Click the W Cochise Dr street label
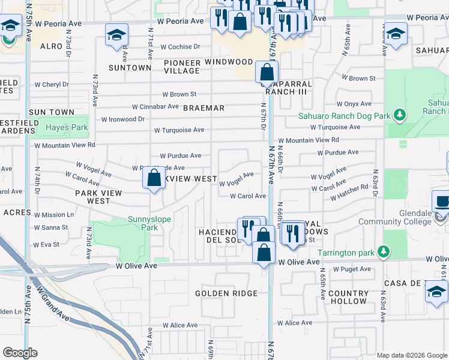(x=176, y=47)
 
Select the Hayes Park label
(x=67, y=127)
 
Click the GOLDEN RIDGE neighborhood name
(x=226, y=293)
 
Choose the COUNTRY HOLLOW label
(x=348, y=298)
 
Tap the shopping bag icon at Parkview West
(x=154, y=178)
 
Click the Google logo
(x=20, y=353)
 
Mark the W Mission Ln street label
(x=54, y=214)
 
